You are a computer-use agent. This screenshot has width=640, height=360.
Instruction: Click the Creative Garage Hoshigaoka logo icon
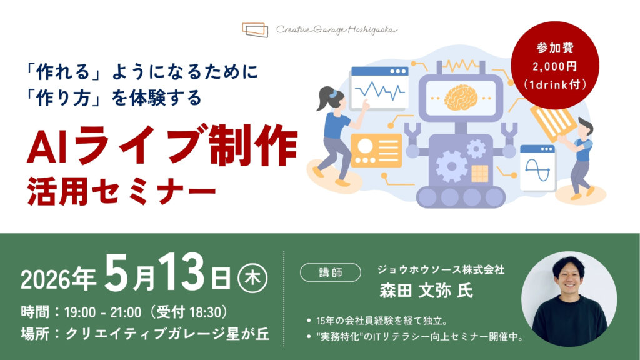[255, 30]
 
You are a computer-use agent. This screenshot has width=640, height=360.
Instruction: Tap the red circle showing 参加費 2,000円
[555, 65]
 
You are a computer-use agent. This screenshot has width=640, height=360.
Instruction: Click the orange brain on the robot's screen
[461, 97]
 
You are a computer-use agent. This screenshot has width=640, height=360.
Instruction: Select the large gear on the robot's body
[451, 166]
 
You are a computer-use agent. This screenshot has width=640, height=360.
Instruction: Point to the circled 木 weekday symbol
[252, 279]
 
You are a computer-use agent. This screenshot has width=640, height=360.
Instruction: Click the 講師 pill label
[331, 272]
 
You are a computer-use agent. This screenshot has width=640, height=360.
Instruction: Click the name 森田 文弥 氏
[426, 291]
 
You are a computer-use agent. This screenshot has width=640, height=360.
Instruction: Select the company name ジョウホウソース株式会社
[441, 270]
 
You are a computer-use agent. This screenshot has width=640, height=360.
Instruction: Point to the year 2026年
[58, 279]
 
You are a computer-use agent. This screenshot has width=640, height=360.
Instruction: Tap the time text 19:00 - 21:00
[102, 312]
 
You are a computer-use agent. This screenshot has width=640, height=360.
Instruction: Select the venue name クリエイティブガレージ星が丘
[167, 334]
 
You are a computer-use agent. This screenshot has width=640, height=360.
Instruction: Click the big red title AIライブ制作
[162, 145]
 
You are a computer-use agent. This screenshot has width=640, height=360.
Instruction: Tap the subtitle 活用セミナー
[121, 191]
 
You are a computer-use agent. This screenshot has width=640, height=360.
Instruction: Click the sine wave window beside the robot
[538, 167]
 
